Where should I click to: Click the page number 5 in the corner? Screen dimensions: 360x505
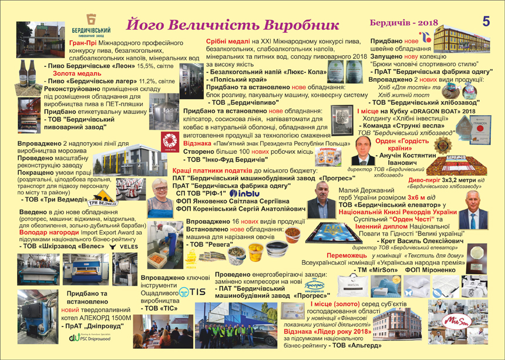pos(486,22)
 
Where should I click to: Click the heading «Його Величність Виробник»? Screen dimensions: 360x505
pos(233,25)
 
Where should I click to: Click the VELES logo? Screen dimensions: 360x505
pos(124,248)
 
